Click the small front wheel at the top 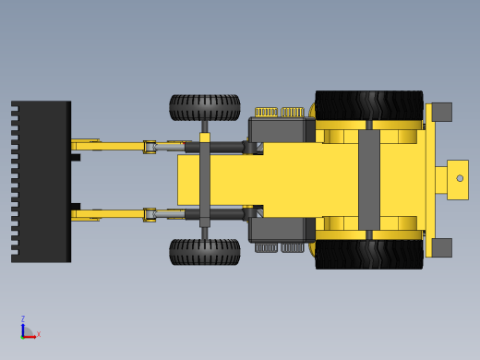pos(205,107)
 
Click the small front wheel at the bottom pos(205,252)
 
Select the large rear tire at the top pos(369,105)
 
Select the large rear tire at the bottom pos(369,254)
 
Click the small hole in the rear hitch pos(460,178)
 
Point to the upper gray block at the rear pos(442,112)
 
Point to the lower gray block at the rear pos(442,247)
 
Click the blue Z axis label pos(23,318)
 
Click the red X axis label pos(39,334)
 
